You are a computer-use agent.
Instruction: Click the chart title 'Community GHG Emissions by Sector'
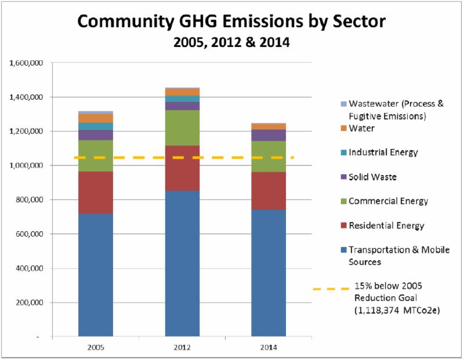point(231,21)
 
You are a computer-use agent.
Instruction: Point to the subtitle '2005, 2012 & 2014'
point(231,42)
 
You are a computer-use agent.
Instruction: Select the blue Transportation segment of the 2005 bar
point(96,275)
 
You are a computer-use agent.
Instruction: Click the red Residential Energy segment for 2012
point(182,168)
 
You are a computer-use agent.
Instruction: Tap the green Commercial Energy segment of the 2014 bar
point(269,157)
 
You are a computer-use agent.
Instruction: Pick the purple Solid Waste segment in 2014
point(269,135)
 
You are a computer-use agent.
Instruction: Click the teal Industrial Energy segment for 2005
point(96,126)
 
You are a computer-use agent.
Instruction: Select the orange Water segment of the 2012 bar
point(182,92)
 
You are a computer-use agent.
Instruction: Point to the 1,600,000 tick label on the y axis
point(26,63)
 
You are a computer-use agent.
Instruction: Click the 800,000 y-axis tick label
point(28,199)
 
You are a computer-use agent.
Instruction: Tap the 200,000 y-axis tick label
point(28,302)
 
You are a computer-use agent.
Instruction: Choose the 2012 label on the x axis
point(182,347)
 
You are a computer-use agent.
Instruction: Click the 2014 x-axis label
point(269,347)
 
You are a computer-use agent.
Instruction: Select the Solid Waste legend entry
point(369,177)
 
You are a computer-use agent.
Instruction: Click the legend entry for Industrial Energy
point(379,152)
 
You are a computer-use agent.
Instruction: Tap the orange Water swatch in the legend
point(343,128)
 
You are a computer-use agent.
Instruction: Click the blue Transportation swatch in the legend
point(343,250)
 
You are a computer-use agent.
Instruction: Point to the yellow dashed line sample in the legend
point(331,289)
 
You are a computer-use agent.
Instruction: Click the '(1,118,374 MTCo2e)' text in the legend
point(397,310)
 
